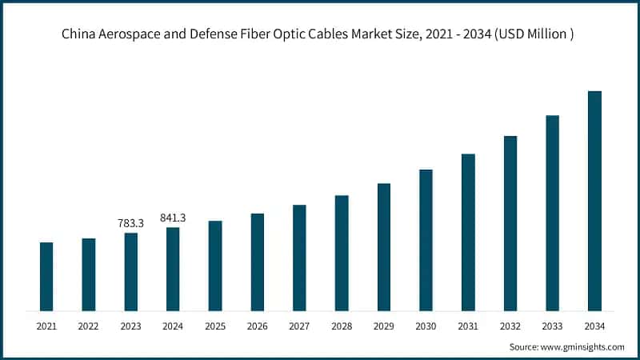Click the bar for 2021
pyautogui.click(x=46, y=276)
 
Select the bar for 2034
pyautogui.click(x=594, y=201)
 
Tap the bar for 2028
pyautogui.click(x=342, y=253)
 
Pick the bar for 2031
pyautogui.click(x=468, y=232)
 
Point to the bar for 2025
pyautogui.click(x=215, y=266)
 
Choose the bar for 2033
pyautogui.click(x=552, y=213)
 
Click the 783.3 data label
pyautogui.click(x=130, y=224)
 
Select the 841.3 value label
pyautogui.click(x=173, y=218)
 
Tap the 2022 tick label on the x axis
pyautogui.click(x=89, y=326)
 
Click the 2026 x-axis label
pyautogui.click(x=257, y=326)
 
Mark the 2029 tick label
pyautogui.click(x=384, y=326)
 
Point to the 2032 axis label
pyautogui.click(x=510, y=326)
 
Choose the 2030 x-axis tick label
pyautogui.click(x=426, y=326)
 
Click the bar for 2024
pyautogui.click(x=173, y=269)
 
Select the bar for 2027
pyautogui.click(x=299, y=258)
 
